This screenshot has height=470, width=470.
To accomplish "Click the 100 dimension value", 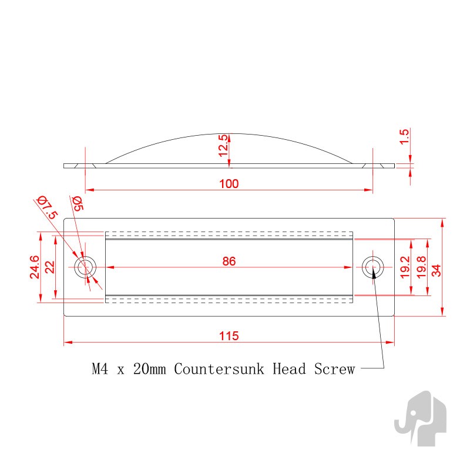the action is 229,184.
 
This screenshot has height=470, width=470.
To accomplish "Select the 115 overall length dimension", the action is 229,336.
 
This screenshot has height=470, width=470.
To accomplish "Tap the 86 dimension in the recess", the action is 229,261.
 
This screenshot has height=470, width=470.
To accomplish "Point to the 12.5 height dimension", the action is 223,145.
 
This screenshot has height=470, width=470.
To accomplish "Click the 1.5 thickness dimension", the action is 404,137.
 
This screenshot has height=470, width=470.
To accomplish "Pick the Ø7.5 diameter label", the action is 47,207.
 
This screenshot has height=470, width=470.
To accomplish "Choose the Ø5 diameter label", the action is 77,203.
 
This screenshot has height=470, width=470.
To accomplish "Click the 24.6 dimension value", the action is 35,267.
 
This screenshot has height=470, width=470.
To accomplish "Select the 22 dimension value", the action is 50,267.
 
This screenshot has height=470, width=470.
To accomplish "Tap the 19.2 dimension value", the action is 405,267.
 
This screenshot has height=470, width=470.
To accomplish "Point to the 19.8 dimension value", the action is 421,267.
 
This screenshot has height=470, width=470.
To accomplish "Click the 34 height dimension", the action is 437,270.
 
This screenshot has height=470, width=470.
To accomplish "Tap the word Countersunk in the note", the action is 219,369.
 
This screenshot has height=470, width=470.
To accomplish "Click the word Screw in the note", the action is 334,369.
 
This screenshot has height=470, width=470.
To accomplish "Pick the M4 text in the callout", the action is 100,369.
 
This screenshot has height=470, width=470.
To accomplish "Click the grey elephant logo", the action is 420,418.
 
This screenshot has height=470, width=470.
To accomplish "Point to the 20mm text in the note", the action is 150,369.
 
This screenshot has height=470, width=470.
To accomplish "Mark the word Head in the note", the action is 289,369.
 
